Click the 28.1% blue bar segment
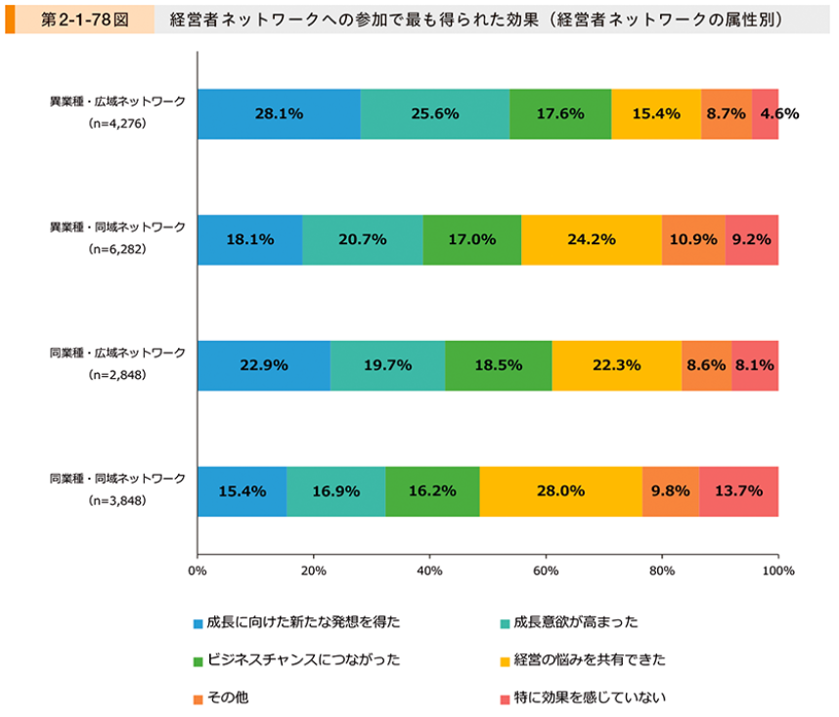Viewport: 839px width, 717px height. click(279, 113)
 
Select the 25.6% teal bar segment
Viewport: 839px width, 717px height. click(435, 113)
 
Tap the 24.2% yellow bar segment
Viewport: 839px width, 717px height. click(592, 239)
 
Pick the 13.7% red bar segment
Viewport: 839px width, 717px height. click(738, 491)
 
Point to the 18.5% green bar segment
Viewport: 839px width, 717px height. click(499, 365)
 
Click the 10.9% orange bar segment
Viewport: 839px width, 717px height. click(693, 239)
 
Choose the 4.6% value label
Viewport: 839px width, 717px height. click(779, 113)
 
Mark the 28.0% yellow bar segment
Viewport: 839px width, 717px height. click(560, 491)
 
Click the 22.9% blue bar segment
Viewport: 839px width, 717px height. click(263, 365)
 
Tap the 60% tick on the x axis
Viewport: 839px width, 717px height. click(546, 569)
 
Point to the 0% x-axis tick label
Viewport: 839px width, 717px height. click(198, 569)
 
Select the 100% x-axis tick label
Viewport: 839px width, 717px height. click(777, 569)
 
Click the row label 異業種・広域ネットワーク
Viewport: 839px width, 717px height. click(117, 101)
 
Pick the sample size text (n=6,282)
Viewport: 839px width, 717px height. click(117, 250)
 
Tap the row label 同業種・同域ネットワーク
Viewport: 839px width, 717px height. click(117, 479)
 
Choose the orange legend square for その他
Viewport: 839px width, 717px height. click(199, 699)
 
